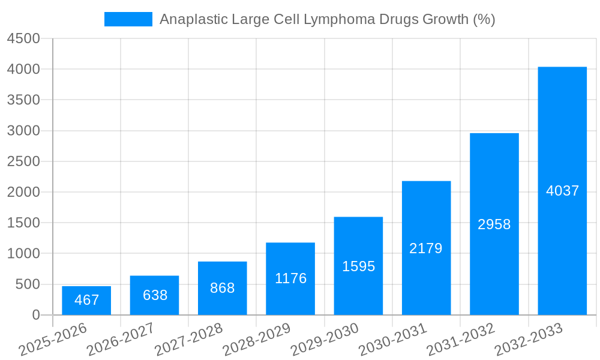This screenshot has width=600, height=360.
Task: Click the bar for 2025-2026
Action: [86, 301]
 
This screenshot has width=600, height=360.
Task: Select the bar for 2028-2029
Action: [290, 279]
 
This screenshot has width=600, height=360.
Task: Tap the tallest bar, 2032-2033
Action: [562, 191]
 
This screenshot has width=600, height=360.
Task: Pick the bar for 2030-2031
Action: [426, 248]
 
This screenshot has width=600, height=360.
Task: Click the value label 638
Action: [155, 295]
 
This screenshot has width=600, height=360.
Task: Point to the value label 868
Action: [222, 288]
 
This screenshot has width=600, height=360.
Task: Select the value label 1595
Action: [358, 266]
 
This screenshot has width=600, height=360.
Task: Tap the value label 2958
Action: [494, 224]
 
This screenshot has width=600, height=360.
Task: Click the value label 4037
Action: [562, 191]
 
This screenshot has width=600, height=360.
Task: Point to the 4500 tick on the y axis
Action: [23, 38]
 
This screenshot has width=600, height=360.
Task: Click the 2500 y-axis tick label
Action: [23, 161]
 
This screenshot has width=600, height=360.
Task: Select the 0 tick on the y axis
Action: [35, 315]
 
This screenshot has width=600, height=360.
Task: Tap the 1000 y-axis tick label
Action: [23, 254]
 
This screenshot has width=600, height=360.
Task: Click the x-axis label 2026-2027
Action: [121, 340]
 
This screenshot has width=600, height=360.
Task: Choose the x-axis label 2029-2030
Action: [325, 340]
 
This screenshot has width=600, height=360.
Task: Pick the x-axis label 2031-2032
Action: [461, 340]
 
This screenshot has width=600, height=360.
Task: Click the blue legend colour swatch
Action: [128, 19]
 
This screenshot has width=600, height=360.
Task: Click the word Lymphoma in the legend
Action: [339, 19]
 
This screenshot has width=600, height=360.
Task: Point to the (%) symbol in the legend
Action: [484, 19]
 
